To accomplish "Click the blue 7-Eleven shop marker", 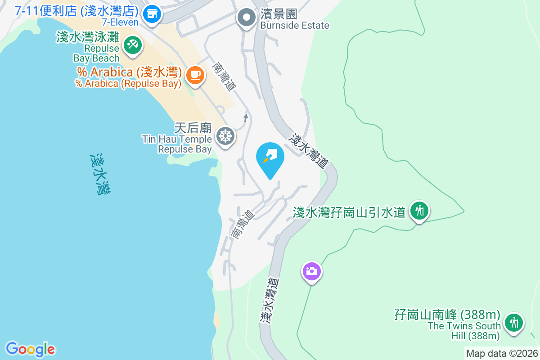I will point(152,14).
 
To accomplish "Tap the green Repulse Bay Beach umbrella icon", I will point(132,45).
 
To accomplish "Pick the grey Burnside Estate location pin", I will point(246,18).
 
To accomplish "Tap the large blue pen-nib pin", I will point(270,159).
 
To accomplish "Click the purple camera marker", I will point(311,271).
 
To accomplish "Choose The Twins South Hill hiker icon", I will point(513,323).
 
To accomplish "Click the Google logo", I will point(30,349).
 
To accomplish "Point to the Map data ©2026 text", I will point(502,354).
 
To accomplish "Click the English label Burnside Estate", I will point(295,26).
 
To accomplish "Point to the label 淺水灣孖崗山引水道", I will point(349,212).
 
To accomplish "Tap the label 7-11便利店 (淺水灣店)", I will point(76,10).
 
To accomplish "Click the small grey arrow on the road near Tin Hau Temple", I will point(245,118).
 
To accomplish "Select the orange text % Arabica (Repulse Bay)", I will point(128,84).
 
